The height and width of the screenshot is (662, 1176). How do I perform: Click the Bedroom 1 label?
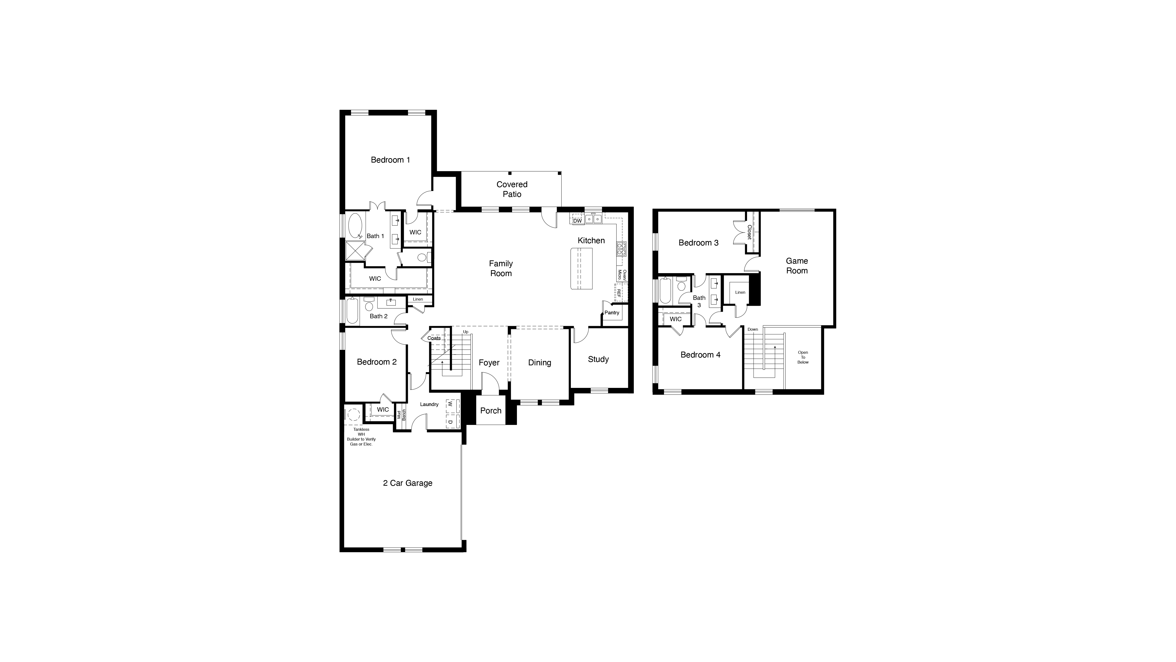[x=390, y=160]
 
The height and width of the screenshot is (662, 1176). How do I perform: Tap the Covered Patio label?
[x=512, y=189]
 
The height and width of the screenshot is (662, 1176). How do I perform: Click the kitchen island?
[x=581, y=269]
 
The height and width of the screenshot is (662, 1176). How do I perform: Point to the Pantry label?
[x=612, y=313]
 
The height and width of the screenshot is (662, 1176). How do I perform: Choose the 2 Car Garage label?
[x=407, y=483]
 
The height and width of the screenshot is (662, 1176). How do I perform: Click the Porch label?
[x=491, y=411]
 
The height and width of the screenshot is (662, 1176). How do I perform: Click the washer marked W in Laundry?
[x=450, y=404]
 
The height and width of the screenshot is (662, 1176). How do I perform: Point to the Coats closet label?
[x=434, y=338]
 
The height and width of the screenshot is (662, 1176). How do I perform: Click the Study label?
[x=598, y=359]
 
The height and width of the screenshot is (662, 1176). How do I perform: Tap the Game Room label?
[x=797, y=266]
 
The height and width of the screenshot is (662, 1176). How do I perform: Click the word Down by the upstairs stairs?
[x=752, y=329]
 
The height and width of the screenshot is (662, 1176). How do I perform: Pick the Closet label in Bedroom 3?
[x=749, y=232]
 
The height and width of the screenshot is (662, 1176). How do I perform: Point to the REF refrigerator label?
[x=619, y=293]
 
